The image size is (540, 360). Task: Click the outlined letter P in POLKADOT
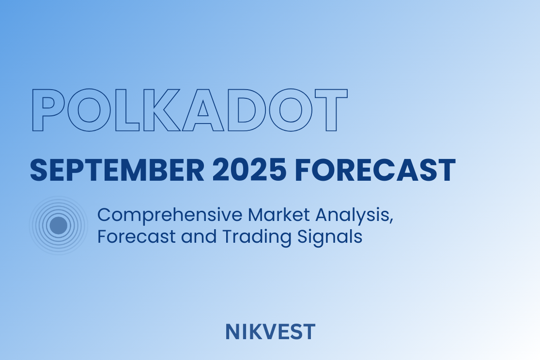click(37, 110)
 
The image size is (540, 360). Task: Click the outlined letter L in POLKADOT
click(120, 110)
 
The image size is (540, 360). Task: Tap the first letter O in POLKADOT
click(72, 110)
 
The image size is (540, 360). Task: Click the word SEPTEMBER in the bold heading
click(117, 170)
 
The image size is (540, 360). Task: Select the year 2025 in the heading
click(249, 170)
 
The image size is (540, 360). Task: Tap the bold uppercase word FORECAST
click(375, 170)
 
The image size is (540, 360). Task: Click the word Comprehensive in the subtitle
click(170, 216)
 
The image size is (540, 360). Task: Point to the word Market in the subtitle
click(278, 215)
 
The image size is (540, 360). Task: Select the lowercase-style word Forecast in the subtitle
click(137, 236)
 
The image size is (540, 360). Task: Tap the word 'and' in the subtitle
click(199, 236)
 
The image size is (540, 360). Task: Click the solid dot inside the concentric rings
click(58, 226)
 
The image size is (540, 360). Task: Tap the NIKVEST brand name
click(270, 332)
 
